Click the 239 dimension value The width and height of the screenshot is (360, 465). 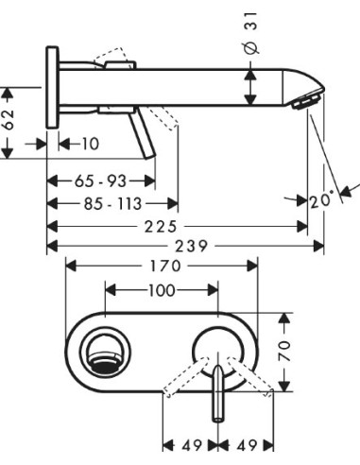tap(184, 246)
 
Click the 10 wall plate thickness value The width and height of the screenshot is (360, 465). tap(90, 144)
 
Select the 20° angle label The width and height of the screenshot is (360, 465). tap(321, 199)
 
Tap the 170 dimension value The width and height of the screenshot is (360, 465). tap(160, 267)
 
